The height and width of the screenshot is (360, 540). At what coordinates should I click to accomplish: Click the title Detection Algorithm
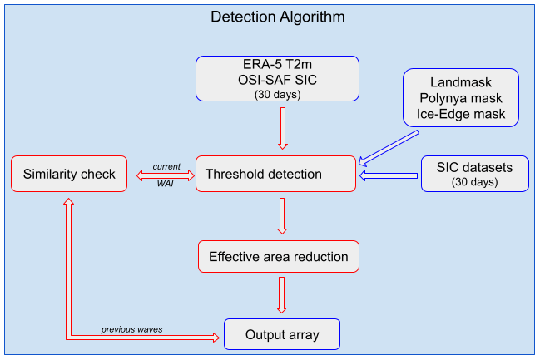(x=277, y=17)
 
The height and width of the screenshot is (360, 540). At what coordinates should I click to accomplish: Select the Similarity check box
(x=69, y=175)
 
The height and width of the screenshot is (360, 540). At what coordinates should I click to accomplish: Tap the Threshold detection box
(x=277, y=175)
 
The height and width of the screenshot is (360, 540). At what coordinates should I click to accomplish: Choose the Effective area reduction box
(x=279, y=256)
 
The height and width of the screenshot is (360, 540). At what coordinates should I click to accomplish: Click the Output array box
(x=281, y=336)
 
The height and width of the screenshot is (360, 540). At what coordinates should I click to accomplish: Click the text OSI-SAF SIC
(x=276, y=81)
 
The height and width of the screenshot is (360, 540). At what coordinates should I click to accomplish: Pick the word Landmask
(x=460, y=83)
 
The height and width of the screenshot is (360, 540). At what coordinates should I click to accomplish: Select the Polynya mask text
(x=460, y=98)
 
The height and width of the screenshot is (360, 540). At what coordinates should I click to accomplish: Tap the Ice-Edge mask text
(x=460, y=113)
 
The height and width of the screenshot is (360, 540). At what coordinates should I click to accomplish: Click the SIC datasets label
(x=474, y=168)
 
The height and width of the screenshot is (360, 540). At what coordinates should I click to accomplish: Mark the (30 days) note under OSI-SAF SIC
(x=276, y=95)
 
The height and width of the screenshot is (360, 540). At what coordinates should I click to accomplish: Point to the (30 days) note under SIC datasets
(x=474, y=181)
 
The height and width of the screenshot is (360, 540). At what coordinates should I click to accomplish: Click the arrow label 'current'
(x=166, y=166)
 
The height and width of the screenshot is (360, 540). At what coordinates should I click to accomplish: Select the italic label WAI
(x=165, y=183)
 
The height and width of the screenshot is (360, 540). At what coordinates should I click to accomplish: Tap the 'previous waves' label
(x=131, y=329)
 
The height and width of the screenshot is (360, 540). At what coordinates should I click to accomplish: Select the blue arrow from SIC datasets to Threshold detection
(x=389, y=175)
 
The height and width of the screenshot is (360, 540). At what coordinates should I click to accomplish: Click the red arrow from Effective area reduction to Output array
(x=282, y=294)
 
